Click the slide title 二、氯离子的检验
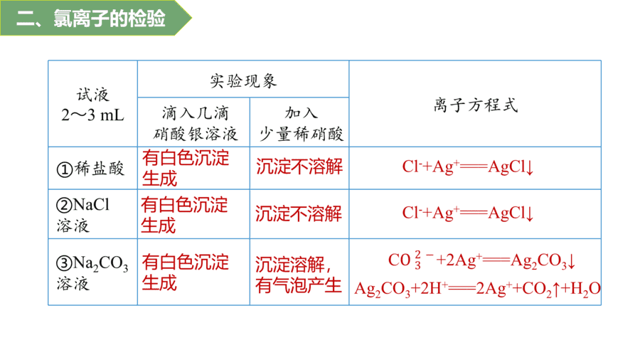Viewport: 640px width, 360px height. tap(90, 18)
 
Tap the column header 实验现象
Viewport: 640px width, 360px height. tap(243, 81)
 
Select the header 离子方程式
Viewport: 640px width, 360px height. tap(476, 105)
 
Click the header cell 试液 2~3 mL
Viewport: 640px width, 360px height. tap(92, 105)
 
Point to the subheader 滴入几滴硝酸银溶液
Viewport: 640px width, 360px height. tap(195, 123)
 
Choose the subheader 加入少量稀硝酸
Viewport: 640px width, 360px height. tap(302, 123)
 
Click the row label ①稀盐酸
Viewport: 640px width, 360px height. tap(90, 169)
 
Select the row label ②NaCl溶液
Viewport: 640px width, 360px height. tap(83, 215)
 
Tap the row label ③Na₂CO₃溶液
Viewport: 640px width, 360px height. tap(92, 272)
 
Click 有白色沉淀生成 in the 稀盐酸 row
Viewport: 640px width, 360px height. tap(186, 168)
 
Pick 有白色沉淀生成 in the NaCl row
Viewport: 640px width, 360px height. tap(184, 215)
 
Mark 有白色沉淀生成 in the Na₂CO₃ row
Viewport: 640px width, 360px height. tap(186, 272)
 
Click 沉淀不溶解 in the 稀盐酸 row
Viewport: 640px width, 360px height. tap(299, 166)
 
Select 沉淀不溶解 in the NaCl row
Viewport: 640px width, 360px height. tap(299, 213)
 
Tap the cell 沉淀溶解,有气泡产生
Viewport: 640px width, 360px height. tap(299, 275)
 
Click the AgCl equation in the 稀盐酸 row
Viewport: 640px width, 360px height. tap(468, 166)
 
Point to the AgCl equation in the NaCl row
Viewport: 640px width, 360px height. tap(468, 213)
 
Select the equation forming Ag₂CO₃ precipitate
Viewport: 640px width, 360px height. tap(481, 260)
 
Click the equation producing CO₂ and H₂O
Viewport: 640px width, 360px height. tap(477, 289)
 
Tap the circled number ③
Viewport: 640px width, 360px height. tap(64, 263)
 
